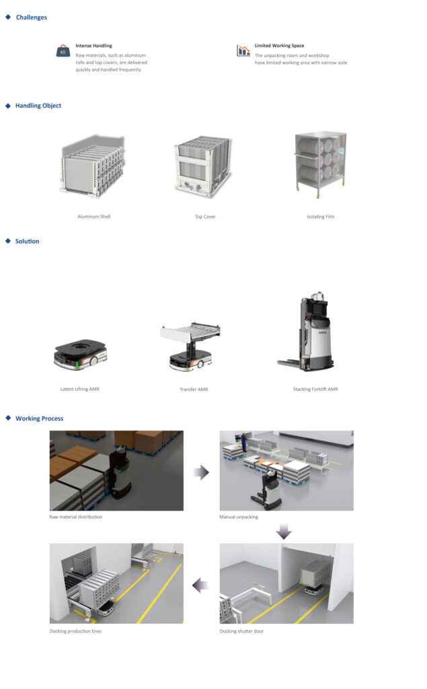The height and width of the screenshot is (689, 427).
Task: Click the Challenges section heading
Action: click(31, 17)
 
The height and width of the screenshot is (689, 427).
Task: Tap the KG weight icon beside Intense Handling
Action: click(63, 51)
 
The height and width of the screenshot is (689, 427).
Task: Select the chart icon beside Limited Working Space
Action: click(243, 50)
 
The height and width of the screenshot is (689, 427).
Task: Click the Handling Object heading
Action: click(38, 106)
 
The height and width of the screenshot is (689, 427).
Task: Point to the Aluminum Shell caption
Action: click(94, 216)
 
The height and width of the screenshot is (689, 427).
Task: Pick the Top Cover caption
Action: click(205, 217)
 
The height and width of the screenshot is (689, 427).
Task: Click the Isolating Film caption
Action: click(320, 217)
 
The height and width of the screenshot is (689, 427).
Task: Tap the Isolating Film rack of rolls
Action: click(320, 162)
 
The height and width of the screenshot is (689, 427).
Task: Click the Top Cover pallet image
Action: click(203, 165)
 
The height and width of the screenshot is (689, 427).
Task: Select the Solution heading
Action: click(28, 242)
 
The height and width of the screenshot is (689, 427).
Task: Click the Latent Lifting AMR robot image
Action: click(81, 354)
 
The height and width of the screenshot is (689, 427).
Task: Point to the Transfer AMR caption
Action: click(194, 390)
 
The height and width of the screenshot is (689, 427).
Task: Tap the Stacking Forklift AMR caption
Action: click(315, 389)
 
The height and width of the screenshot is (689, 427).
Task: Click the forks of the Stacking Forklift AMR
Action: click(289, 363)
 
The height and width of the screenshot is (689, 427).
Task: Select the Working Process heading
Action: click(40, 419)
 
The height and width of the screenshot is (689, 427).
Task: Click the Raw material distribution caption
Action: click(75, 517)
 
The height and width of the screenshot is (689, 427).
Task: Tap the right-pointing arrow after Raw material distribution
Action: click(201, 472)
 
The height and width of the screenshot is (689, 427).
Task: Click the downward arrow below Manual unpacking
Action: click(284, 532)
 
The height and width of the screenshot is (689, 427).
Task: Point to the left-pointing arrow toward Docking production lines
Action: click(200, 585)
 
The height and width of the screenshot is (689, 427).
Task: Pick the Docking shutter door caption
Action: click(241, 631)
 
